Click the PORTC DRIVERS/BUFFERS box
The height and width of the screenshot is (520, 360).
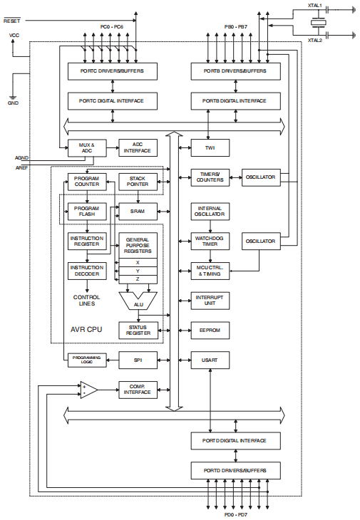[x=111, y=71]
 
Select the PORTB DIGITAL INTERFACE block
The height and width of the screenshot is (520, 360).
[x=235, y=101]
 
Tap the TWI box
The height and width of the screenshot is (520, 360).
[x=210, y=148]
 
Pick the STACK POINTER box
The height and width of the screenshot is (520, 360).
[x=138, y=180]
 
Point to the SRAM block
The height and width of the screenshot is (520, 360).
[x=138, y=211]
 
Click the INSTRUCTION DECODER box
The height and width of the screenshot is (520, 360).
[x=87, y=271]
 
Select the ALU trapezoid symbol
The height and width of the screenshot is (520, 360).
[x=138, y=303]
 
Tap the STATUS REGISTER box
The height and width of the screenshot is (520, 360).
[x=138, y=330]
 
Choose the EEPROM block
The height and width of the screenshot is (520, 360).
[x=210, y=330]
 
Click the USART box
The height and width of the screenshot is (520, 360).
[x=210, y=360]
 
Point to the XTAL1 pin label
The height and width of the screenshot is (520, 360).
[x=314, y=6]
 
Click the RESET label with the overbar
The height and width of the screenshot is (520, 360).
[x=14, y=21]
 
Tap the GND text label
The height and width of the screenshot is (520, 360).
[x=13, y=103]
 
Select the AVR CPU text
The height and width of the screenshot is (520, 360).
[x=87, y=331]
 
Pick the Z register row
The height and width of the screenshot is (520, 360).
[x=138, y=279]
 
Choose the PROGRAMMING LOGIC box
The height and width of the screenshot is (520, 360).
[x=87, y=360]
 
